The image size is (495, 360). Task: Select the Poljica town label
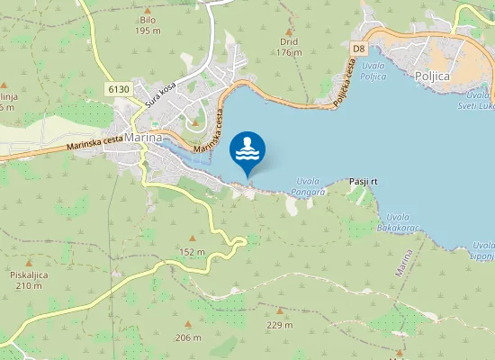click(432, 77)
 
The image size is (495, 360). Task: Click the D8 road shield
click(359, 48)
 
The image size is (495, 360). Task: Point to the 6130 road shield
click(118, 88)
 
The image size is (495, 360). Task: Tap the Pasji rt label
click(363, 182)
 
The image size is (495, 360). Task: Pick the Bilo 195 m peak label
click(148, 25)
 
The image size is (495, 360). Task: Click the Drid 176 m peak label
click(289, 47)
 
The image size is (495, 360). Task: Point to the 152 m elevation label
click(192, 251)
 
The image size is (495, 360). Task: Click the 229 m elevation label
click(279, 325)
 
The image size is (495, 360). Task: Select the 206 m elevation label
click(188, 337)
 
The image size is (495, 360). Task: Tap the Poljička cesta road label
click(343, 83)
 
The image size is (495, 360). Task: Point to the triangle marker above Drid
click(289, 31)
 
